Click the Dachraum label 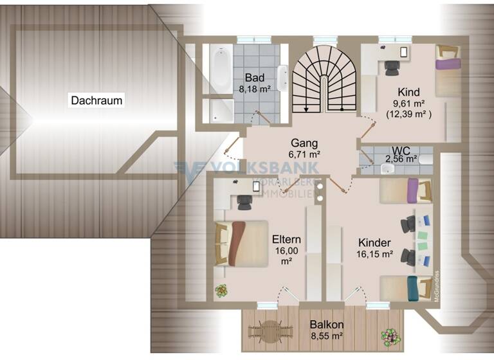click(x=97, y=100)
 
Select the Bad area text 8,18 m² click(x=255, y=90)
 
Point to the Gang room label click(x=306, y=142)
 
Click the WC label click(x=401, y=148)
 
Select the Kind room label click(x=408, y=91)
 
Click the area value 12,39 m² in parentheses click(x=408, y=114)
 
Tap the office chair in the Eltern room click(x=244, y=201)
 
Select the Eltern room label click(x=286, y=239)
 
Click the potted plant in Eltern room click(x=221, y=291)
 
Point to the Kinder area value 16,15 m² click(x=374, y=254)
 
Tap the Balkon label click(x=325, y=324)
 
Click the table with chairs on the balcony click(x=270, y=332)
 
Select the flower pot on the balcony click(x=389, y=336)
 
